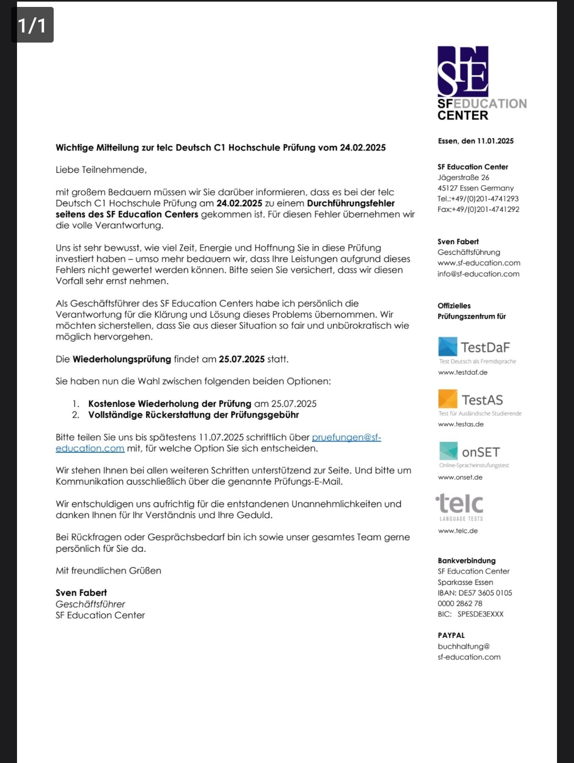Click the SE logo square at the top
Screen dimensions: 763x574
pos(463,71)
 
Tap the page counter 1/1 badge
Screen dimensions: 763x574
pos(32,25)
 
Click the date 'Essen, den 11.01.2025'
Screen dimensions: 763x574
pos(476,141)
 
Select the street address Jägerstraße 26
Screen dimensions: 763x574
pos(463,177)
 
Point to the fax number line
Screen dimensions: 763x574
pos(478,209)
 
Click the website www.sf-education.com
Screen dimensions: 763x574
pos(479,263)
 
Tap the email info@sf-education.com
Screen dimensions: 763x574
pos(478,273)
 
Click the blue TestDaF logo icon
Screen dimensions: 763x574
pos(448,346)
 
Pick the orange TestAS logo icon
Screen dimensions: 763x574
pos(448,399)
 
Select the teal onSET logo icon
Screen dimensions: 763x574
pos(448,451)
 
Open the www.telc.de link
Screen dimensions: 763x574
pos(458,530)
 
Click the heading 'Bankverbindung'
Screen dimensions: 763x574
pos(467,560)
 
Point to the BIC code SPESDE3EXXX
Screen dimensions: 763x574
pos(480,613)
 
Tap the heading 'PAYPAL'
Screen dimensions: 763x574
pos(451,635)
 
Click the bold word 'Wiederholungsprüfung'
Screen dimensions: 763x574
pos(122,359)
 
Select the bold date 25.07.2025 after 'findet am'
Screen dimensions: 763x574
pos(241,359)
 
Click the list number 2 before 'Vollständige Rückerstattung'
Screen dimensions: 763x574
pos(75,414)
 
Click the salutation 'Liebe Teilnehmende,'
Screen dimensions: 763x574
pos(101,170)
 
